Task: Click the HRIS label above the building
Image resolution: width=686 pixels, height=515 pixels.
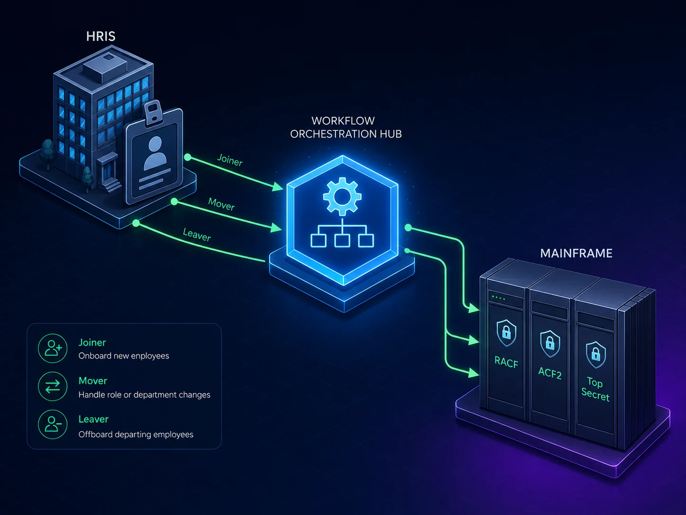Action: tap(100, 36)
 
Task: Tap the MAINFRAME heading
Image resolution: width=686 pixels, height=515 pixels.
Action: tap(576, 253)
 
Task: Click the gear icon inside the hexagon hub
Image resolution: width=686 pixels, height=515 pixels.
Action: tap(342, 196)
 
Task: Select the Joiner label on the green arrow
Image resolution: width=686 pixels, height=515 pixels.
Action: tap(230, 160)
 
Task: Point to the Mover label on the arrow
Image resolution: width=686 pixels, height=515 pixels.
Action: tap(221, 204)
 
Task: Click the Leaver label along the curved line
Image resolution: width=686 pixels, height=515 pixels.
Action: tap(197, 235)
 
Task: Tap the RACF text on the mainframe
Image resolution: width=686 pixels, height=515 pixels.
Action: tap(506, 362)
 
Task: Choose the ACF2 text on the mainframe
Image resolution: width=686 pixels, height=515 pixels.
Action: tap(550, 373)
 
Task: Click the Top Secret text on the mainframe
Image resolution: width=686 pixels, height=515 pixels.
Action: tap(596, 389)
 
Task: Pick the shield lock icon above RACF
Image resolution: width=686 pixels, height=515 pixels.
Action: tap(506, 333)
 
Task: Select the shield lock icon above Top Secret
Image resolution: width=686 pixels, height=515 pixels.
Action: tap(596, 355)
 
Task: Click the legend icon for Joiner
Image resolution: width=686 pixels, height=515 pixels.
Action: tap(53, 348)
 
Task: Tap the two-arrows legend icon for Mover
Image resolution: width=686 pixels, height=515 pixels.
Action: tap(53, 386)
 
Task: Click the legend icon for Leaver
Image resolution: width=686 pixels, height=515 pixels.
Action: tap(53, 424)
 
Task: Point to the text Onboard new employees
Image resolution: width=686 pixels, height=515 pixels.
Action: tap(124, 356)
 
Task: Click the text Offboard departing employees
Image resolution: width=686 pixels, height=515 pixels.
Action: tap(136, 434)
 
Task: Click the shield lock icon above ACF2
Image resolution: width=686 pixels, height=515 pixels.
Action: tap(550, 344)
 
